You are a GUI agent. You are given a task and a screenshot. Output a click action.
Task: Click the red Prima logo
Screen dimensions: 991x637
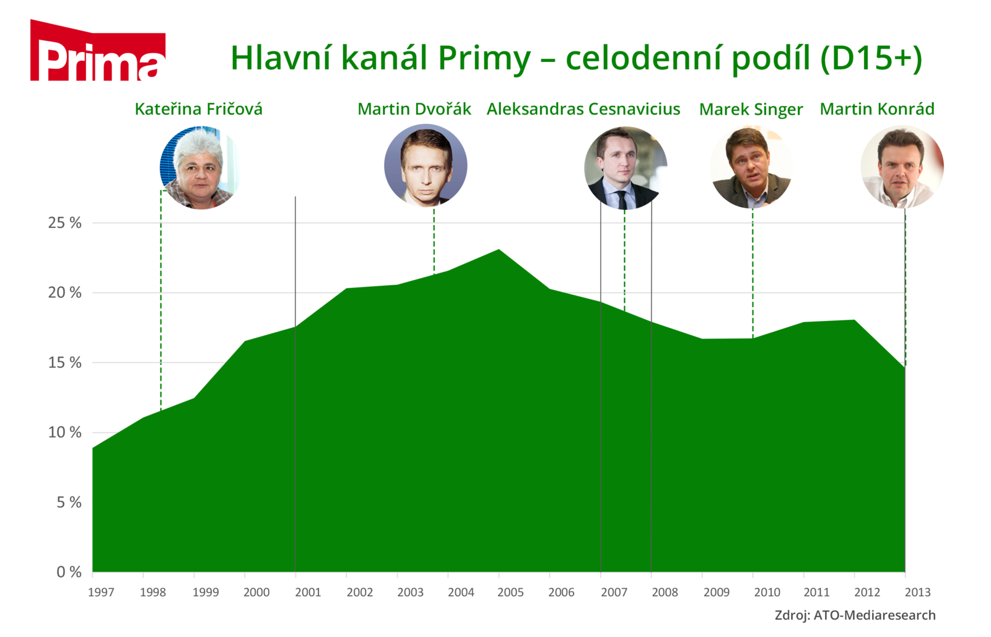[98, 50]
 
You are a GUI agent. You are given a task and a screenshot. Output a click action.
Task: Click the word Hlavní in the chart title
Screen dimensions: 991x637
[281, 58]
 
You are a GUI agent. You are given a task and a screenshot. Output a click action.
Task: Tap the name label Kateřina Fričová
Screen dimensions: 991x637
[199, 109]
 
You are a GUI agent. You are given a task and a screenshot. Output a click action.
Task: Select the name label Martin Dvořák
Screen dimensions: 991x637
[414, 109]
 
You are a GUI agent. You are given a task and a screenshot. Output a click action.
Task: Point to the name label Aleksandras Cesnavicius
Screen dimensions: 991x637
[583, 109]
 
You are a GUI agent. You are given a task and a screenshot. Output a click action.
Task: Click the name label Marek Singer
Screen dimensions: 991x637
[751, 109]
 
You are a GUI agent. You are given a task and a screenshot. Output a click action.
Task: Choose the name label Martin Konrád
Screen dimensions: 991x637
[877, 109]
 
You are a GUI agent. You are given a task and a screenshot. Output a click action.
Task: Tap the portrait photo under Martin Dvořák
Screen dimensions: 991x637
[426, 165]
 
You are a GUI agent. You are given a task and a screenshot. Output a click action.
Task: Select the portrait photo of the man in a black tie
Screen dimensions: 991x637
[625, 168]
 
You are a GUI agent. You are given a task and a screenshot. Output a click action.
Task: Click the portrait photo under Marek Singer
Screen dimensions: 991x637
[751, 167]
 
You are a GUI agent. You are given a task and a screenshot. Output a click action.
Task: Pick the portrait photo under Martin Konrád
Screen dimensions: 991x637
[902, 167]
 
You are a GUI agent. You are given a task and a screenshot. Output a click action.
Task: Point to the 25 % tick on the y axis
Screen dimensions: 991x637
[64, 222]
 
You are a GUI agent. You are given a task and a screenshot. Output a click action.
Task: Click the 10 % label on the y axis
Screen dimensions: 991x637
[64, 432]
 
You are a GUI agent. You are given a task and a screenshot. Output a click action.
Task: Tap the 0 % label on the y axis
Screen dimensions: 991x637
[69, 572]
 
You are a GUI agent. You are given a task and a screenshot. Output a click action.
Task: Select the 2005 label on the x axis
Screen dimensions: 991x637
[510, 592]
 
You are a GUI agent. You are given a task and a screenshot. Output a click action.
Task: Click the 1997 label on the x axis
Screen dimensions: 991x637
[101, 592]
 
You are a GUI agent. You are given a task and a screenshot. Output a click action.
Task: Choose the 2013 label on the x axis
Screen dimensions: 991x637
[917, 592]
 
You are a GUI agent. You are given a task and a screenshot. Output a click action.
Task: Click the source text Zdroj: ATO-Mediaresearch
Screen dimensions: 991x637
[855, 615]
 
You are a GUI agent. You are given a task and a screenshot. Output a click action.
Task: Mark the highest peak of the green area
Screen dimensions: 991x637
[499, 250]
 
